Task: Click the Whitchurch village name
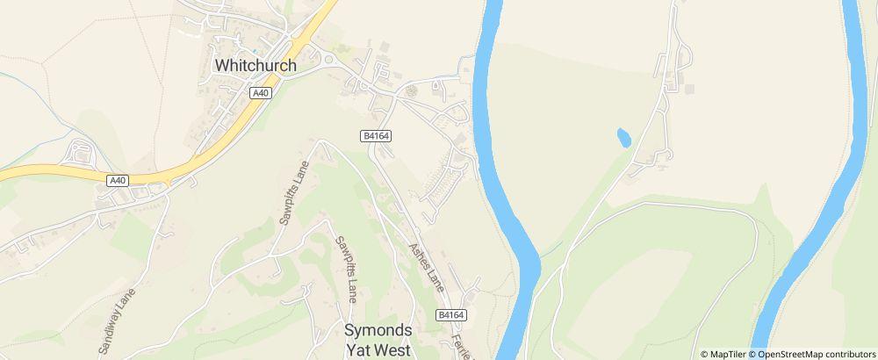(255, 66)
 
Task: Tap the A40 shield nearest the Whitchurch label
(260, 92)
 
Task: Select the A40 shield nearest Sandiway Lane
(118, 180)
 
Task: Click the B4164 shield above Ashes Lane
(375, 135)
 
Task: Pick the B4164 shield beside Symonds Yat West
(450, 314)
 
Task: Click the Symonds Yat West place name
(377, 339)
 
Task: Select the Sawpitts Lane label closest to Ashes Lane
(345, 268)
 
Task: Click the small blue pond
(623, 137)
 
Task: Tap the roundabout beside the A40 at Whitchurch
(327, 60)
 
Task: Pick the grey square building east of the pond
(689, 89)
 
